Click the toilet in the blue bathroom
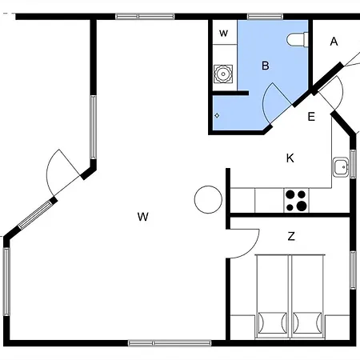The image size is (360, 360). pyautogui.click(x=298, y=40)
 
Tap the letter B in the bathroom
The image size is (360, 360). pyautogui.click(x=266, y=66)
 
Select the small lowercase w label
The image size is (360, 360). pyautogui.click(x=223, y=34)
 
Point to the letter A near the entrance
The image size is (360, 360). pyautogui.click(x=334, y=42)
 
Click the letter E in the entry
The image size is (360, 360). pyautogui.click(x=311, y=117)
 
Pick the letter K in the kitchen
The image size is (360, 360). pyautogui.click(x=290, y=158)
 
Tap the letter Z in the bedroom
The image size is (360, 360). pyautogui.click(x=291, y=236)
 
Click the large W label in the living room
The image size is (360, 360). pyautogui.click(x=143, y=217)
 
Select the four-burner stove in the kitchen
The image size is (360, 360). pyautogui.click(x=297, y=201)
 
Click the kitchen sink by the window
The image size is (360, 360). pyautogui.click(x=341, y=167)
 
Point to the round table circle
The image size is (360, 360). pyautogui.click(x=208, y=199)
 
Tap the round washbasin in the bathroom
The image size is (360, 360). pyautogui.click(x=223, y=74)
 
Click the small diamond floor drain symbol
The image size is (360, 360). pyautogui.click(x=217, y=115)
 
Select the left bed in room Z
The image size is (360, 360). pyautogui.click(x=272, y=297)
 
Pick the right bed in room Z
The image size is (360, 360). pyautogui.click(x=307, y=297)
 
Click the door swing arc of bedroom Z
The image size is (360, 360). pyautogui.click(x=252, y=250)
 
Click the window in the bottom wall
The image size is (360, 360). pyautogui.click(x=170, y=343)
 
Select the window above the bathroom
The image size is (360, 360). pyautogui.click(x=265, y=17)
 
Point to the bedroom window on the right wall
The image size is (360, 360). pyautogui.click(x=353, y=270)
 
